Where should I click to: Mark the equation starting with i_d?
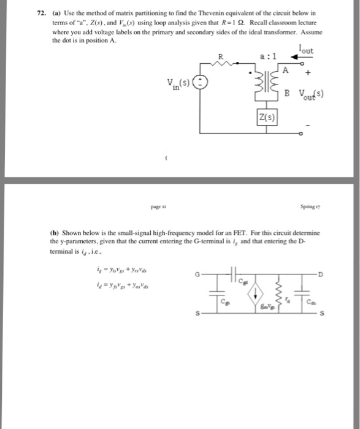(x=126, y=283)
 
